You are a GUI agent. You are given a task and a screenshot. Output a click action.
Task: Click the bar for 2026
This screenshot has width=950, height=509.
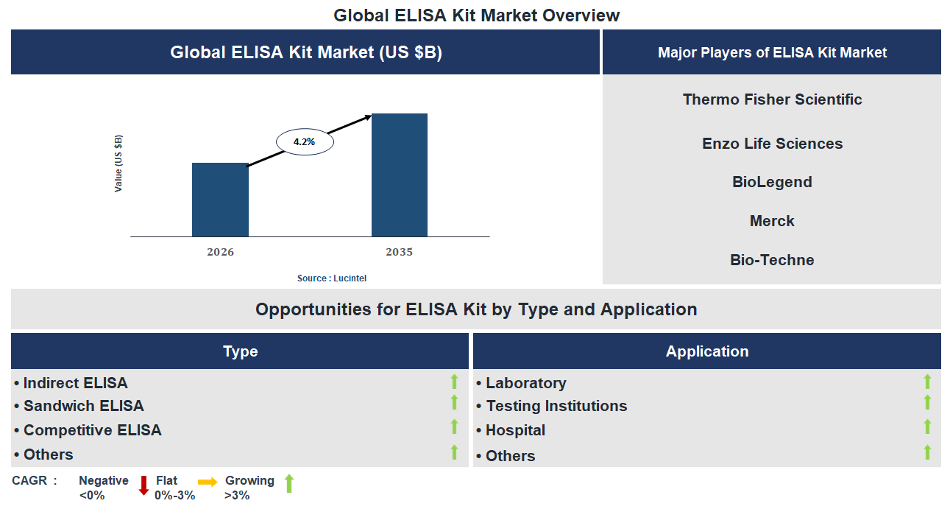220,200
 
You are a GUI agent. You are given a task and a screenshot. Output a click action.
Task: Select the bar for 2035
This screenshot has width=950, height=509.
399,175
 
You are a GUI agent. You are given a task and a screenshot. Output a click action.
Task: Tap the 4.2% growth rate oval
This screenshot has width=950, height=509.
305,142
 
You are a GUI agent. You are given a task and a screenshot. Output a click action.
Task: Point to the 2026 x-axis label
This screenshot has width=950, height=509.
220,252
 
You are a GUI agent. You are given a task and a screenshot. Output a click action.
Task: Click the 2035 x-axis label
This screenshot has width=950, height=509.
399,252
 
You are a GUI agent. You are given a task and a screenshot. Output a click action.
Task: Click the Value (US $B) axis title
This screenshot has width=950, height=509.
118,164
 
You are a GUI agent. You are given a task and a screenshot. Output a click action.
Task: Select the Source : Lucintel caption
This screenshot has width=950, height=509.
331,278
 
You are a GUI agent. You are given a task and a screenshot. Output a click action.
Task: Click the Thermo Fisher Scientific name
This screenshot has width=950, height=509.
772,99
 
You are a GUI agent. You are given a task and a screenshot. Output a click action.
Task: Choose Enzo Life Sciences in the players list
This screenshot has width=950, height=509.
772,144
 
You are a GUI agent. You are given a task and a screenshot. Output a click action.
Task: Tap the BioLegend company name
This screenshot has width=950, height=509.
772,182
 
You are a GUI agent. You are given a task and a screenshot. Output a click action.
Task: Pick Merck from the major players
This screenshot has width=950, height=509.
772,221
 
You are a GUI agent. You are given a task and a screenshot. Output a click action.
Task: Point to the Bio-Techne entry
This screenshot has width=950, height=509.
772,260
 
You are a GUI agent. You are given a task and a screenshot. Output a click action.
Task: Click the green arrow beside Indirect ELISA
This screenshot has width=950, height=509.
454,382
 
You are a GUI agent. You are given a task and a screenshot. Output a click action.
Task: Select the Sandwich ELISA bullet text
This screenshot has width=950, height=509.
83,406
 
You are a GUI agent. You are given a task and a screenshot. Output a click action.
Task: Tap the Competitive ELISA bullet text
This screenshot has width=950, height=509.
92,430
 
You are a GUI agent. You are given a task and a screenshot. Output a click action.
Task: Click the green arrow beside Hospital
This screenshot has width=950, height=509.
927,427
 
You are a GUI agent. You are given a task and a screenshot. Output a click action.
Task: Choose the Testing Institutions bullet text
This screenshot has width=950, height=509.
556,406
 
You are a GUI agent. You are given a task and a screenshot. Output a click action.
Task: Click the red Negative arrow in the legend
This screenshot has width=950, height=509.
143,486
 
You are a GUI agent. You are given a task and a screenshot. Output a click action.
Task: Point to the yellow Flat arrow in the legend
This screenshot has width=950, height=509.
208,482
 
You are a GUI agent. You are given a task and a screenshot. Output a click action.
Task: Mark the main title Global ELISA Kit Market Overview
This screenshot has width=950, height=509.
476,15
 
